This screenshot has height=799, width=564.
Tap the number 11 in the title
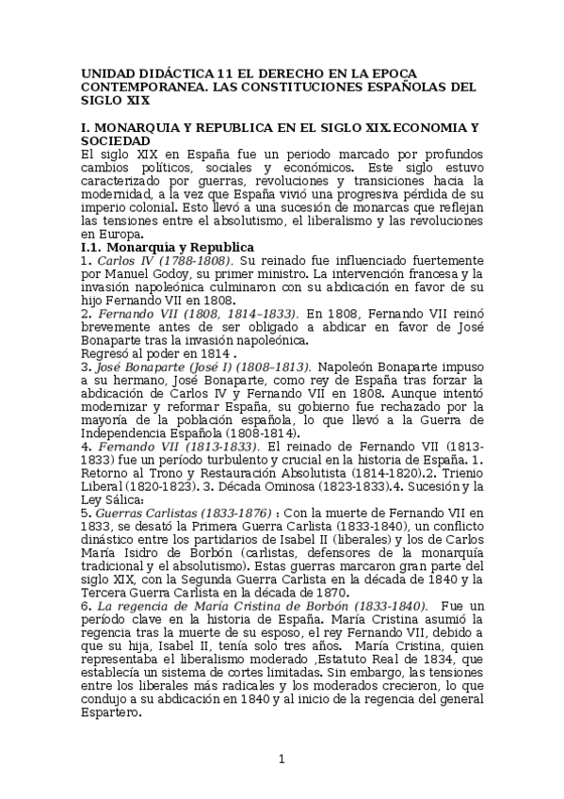(224, 73)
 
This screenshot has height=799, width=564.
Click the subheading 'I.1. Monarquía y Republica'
(161, 247)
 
